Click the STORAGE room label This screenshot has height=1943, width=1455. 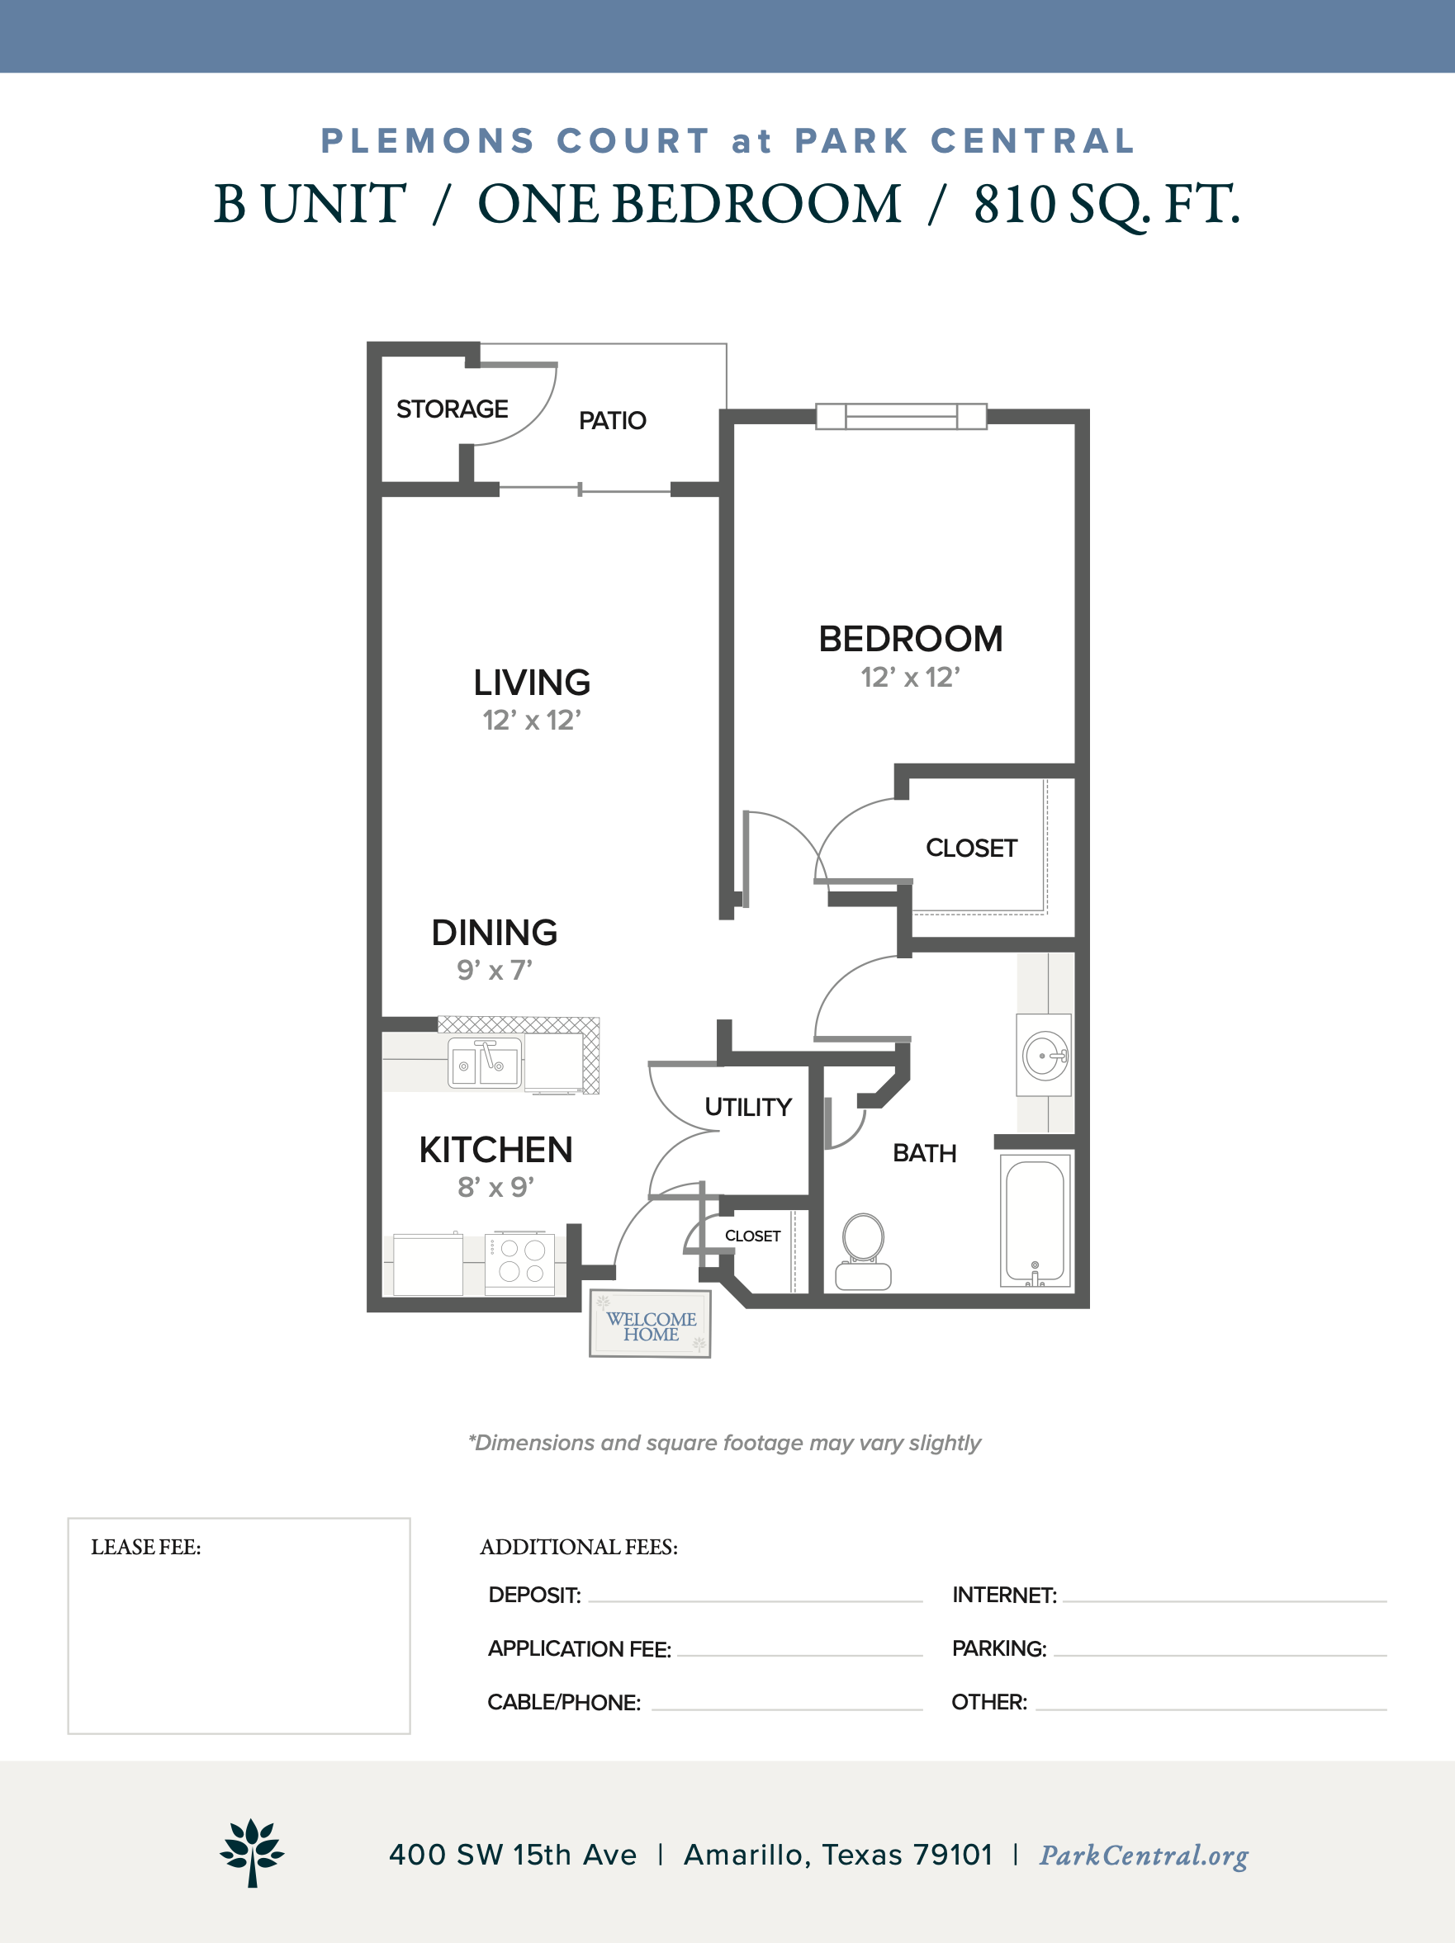[x=452, y=409]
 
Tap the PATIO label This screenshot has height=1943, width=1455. [x=613, y=421]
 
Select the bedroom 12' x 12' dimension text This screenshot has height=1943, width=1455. [x=910, y=677]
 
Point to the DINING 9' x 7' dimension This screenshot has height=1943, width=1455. [x=495, y=970]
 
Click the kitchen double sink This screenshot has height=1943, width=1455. [x=485, y=1063]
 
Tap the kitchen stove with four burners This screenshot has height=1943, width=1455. [x=520, y=1263]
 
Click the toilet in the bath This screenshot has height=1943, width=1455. [x=863, y=1251]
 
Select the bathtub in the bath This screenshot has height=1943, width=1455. [x=1035, y=1221]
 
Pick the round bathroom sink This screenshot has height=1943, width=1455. [x=1045, y=1055]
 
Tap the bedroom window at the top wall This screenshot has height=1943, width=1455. [x=902, y=416]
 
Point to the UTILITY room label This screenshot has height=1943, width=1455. [x=749, y=1107]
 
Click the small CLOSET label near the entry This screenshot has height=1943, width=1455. [x=753, y=1236]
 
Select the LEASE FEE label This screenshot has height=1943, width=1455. [x=146, y=1547]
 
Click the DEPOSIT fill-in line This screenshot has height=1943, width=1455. [x=756, y=1601]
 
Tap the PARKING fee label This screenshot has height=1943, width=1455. [x=999, y=1648]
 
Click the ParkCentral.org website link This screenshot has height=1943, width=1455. [x=1144, y=1856]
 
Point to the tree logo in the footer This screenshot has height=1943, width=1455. [x=252, y=1852]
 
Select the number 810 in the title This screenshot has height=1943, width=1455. [x=1014, y=204]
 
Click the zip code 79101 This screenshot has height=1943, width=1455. [x=953, y=1856]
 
